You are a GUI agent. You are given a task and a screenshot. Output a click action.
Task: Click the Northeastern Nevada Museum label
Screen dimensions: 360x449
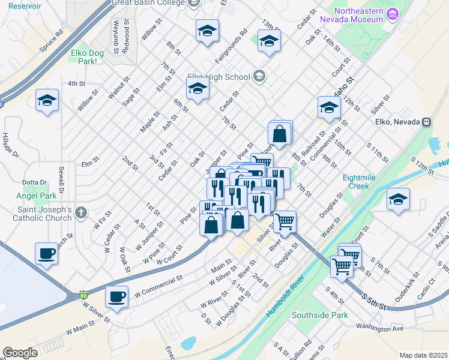pos(358,14)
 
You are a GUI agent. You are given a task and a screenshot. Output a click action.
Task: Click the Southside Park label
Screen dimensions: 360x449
pos(320,315)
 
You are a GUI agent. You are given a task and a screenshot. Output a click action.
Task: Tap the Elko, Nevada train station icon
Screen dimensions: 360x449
pos(427,122)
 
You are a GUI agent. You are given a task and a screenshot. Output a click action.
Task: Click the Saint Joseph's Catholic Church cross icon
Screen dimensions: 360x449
pos(81,212)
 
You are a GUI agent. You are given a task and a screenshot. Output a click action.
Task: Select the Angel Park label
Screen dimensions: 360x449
pos(37,195)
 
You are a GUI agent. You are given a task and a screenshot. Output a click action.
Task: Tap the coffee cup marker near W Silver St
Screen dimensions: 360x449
pos(116,296)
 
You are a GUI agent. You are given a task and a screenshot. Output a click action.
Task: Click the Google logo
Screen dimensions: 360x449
pos(20,353)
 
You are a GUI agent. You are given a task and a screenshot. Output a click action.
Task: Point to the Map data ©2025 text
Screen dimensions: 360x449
pos(424,355)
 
